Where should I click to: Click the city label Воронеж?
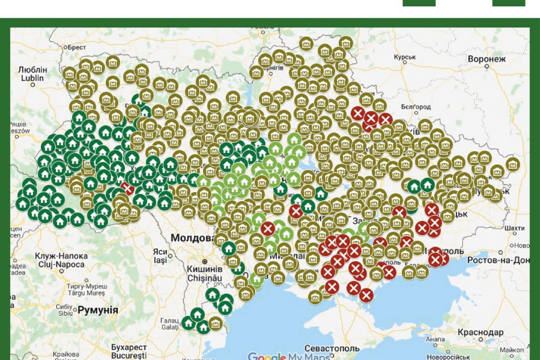487,59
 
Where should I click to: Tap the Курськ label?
405,57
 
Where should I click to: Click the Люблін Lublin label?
32,73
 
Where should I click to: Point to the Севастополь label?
332,348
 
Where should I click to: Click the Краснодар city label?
480,332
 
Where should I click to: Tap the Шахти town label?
514,228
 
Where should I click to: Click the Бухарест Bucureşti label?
129,351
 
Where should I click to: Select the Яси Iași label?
160,256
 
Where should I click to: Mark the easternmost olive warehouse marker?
513,164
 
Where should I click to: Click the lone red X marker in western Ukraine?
127,188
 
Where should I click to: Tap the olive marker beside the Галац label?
216,323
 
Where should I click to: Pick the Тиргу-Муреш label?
88,289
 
